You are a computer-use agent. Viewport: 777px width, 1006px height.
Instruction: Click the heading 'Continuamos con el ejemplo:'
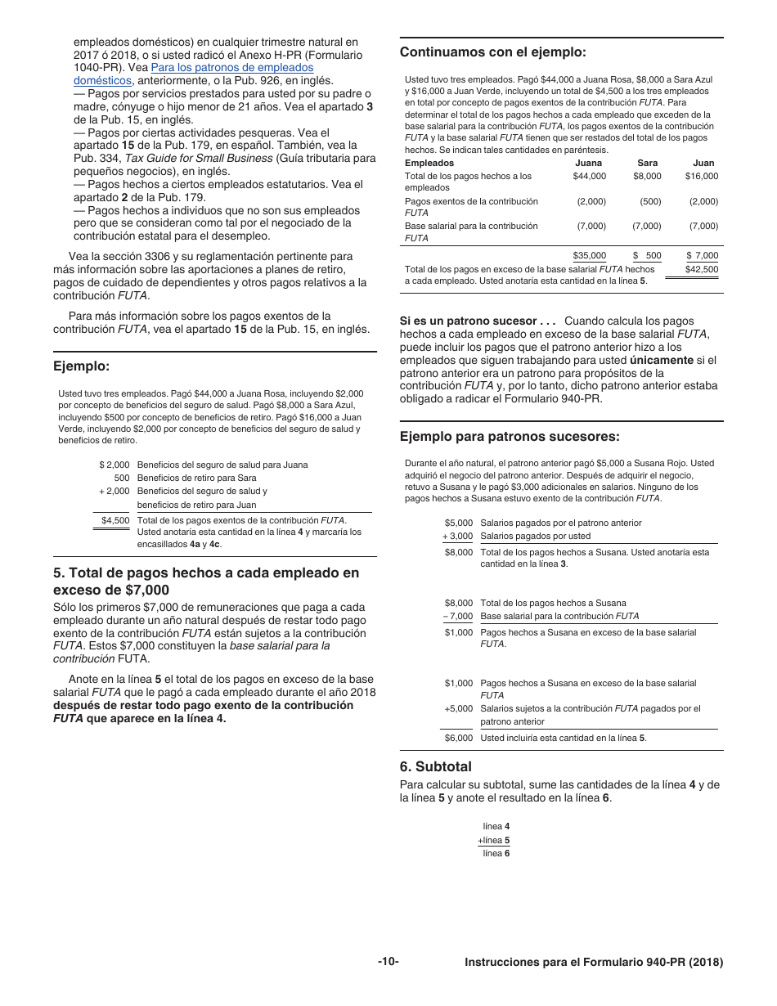point(492,52)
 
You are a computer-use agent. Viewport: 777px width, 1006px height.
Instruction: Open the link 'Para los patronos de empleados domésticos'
point(231,68)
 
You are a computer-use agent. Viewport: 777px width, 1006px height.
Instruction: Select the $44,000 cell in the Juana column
point(589,176)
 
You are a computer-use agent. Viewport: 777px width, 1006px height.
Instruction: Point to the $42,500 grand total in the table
point(701,269)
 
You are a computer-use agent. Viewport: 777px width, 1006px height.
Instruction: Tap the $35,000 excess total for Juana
point(589,256)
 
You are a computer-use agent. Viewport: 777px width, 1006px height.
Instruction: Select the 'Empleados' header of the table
point(429,163)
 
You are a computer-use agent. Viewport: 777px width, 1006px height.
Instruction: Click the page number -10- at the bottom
point(388,962)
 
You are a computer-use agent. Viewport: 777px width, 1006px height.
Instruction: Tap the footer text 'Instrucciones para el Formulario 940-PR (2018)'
point(593,963)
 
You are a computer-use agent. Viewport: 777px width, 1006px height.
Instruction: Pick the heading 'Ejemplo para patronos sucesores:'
point(509,436)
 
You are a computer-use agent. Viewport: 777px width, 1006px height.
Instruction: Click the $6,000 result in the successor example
point(458,738)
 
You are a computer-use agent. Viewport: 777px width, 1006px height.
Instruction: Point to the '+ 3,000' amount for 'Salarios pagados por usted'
point(457,537)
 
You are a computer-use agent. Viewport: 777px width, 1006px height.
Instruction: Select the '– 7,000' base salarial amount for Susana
point(457,617)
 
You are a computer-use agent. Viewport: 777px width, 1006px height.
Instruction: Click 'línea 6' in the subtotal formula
point(496,853)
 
